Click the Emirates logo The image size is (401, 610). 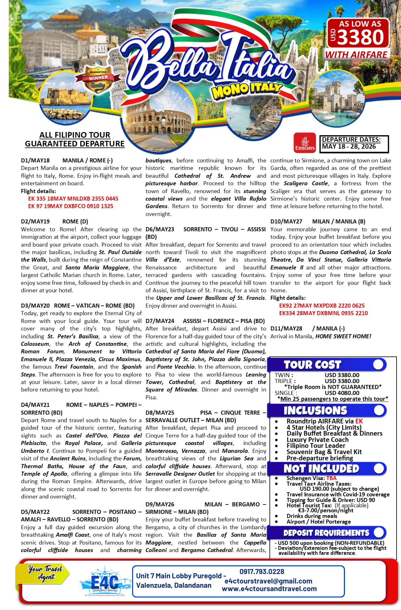[304, 142]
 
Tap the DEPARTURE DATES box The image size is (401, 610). [354, 144]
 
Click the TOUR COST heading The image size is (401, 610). [312, 365]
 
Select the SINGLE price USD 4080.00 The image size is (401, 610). [342, 393]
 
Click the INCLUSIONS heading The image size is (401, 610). [315, 411]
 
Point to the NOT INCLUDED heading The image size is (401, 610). [321, 468]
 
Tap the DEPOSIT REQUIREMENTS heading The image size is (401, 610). [326, 533]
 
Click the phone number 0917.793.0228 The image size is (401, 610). [262, 572]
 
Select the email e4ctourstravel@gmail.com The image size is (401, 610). [269, 581]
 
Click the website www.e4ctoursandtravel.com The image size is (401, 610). [269, 589]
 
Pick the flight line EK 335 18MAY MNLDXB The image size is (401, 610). [73, 199]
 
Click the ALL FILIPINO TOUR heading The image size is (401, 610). [75, 135]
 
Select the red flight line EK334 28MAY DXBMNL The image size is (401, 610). [323, 313]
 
